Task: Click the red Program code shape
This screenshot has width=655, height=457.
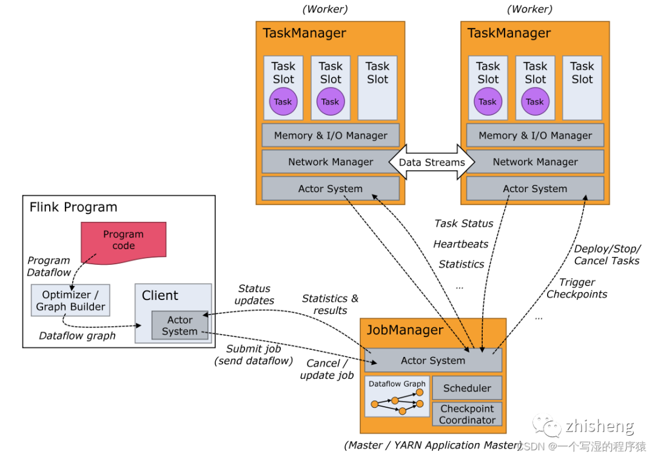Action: point(124,240)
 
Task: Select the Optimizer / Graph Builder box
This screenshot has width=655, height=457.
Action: point(70,300)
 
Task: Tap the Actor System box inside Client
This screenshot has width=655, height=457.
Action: point(180,325)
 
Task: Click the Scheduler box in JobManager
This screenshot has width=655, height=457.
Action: point(467,388)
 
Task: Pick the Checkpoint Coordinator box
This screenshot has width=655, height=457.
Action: point(467,415)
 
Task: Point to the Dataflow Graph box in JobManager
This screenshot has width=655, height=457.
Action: point(397,396)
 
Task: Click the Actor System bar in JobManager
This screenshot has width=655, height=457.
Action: point(433,360)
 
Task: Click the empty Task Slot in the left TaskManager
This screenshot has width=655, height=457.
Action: point(377,88)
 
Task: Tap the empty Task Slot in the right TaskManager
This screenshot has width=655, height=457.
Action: point(582,88)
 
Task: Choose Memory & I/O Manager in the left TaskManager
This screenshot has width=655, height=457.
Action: point(331,135)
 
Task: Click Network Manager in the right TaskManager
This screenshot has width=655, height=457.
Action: point(535,162)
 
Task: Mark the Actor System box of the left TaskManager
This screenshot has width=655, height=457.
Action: point(331,188)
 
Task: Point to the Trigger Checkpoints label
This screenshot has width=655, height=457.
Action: point(577,288)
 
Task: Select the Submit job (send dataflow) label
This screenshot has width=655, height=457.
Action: point(254,355)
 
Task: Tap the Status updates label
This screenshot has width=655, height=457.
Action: point(254,295)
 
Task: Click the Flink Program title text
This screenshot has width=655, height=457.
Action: point(73,207)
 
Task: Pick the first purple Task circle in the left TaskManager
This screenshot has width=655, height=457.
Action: point(283,102)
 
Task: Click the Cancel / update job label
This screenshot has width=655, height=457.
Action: point(327,369)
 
